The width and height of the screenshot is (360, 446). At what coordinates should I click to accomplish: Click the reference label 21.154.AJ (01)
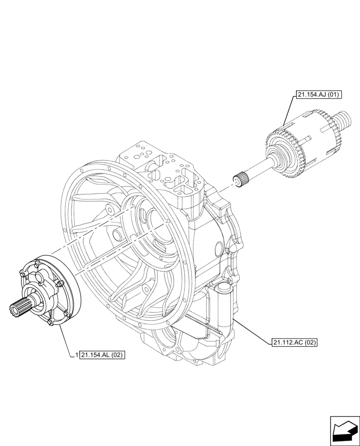[317, 95]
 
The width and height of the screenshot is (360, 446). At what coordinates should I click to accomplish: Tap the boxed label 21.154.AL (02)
[102, 355]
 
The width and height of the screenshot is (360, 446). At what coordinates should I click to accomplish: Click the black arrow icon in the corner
[344, 430]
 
